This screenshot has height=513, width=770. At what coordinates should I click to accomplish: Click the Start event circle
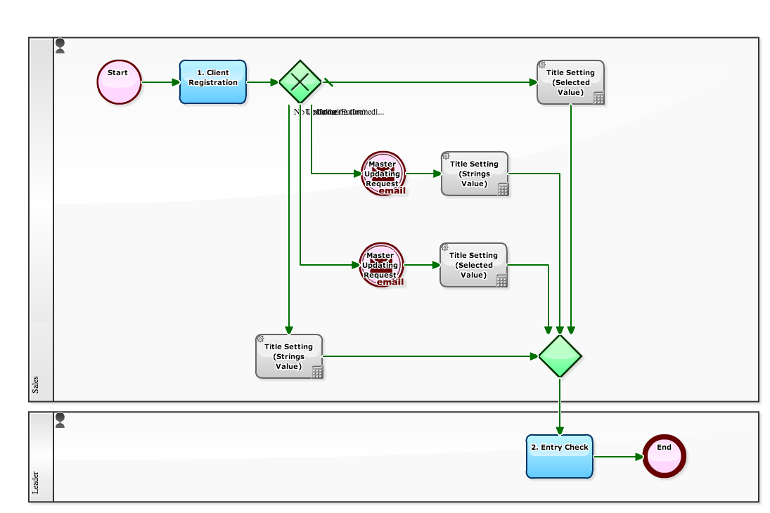[x=119, y=82]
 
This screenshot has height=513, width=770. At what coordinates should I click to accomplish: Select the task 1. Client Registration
[x=213, y=82]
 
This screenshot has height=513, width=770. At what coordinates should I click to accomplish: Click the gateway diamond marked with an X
[x=300, y=82]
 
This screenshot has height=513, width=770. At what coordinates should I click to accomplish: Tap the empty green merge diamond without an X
[x=560, y=356]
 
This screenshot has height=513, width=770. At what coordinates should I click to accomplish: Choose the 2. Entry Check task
[x=560, y=456]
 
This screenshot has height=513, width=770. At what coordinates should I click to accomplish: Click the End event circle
[x=664, y=456]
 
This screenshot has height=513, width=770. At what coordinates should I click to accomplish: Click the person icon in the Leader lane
[x=60, y=420]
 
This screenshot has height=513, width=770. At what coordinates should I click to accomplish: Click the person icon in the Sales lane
[x=60, y=46]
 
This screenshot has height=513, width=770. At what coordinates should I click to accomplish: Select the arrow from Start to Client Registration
[x=160, y=82]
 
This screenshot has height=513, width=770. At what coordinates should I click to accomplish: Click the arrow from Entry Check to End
[x=618, y=457]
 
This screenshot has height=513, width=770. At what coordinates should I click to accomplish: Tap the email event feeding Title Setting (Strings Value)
[x=383, y=174]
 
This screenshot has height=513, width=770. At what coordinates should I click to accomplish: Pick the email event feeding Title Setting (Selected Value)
[x=382, y=265]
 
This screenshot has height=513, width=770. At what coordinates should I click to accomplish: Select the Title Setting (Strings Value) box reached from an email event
[x=475, y=174]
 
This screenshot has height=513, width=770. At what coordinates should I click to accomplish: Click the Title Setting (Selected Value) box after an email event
[x=473, y=265]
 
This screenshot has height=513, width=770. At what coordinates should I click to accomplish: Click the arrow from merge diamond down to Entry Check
[x=560, y=406]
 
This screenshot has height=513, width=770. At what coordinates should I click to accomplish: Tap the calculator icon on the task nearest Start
[x=318, y=372]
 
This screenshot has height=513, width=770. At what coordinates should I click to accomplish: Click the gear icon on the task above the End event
[x=542, y=65]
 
